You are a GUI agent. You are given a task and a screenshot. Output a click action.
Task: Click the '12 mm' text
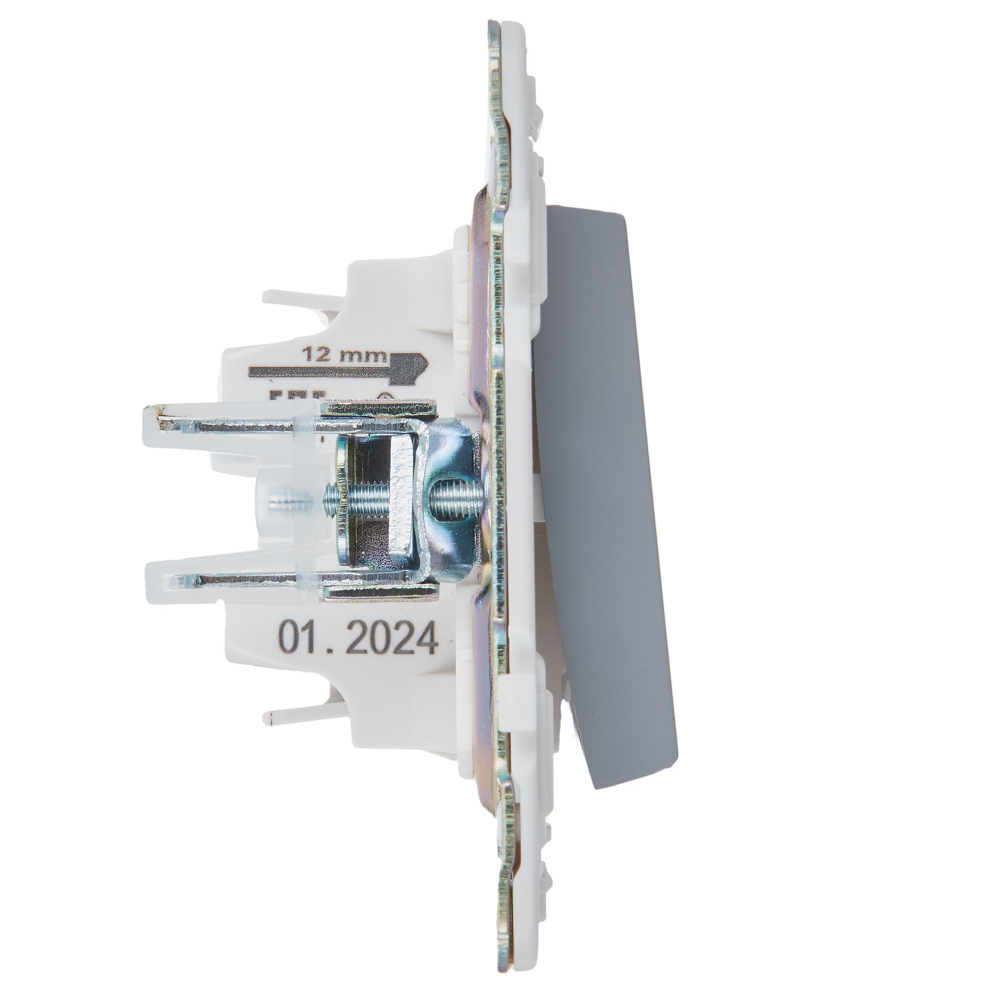(x=345, y=355)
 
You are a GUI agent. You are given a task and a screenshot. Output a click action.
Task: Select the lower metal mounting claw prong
(x=233, y=580)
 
